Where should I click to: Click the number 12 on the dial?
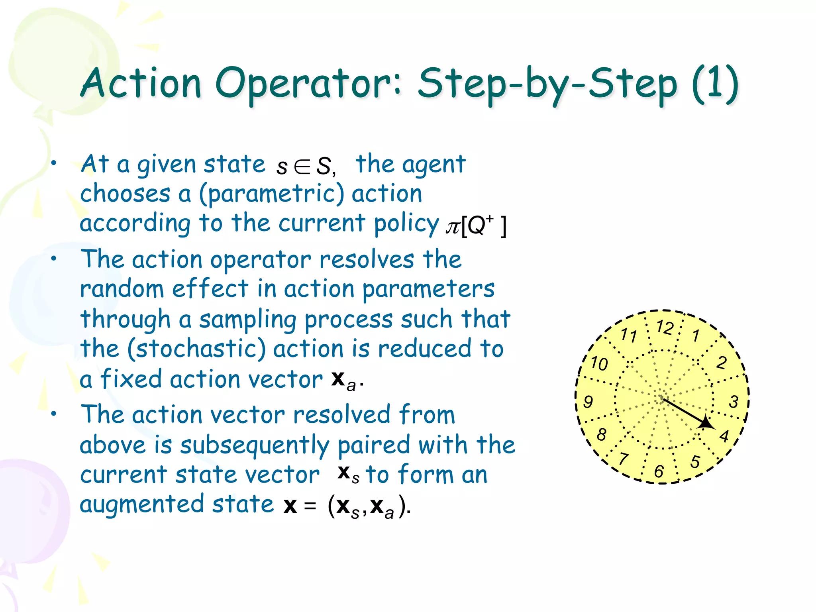(665, 328)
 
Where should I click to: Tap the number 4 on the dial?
(724, 436)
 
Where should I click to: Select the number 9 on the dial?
(588, 401)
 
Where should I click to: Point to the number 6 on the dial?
(659, 471)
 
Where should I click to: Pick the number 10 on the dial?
(599, 363)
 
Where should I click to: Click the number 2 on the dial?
(722, 363)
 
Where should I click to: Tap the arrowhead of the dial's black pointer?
(706, 423)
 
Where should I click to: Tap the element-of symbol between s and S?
(302, 167)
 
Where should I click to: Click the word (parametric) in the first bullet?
(271, 194)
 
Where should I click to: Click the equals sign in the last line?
(310, 506)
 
